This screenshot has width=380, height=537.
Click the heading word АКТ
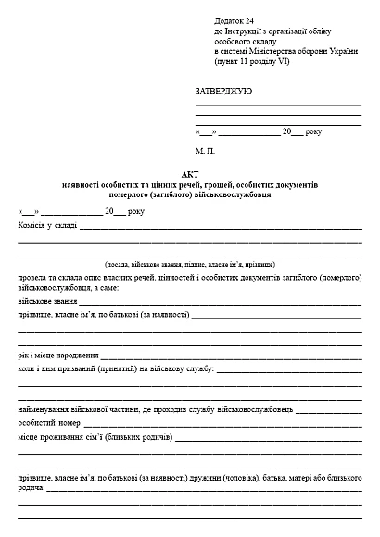190,173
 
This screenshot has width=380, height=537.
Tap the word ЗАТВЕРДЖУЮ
223,92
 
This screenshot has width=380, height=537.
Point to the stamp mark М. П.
205,148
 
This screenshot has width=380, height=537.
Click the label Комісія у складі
47,225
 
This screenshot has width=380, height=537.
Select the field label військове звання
47,302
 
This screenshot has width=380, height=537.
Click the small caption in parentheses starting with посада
190,264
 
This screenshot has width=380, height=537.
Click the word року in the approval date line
313,132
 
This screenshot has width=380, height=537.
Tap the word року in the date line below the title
135,211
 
